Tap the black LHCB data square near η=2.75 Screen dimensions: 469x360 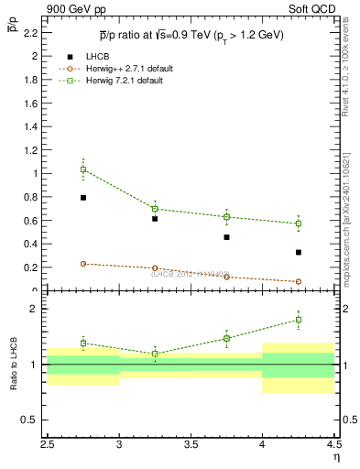(83, 197)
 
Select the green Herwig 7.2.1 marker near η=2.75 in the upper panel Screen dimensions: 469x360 (83, 169)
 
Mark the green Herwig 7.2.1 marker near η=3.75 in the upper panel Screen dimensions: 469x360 (226, 217)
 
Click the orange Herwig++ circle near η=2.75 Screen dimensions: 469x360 (83, 264)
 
